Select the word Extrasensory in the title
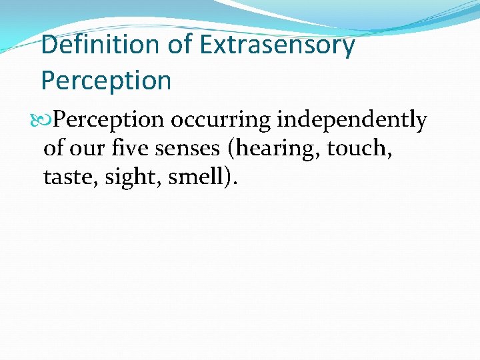click(277, 45)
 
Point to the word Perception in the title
click(106, 81)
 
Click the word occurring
click(220, 120)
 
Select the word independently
click(351, 120)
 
